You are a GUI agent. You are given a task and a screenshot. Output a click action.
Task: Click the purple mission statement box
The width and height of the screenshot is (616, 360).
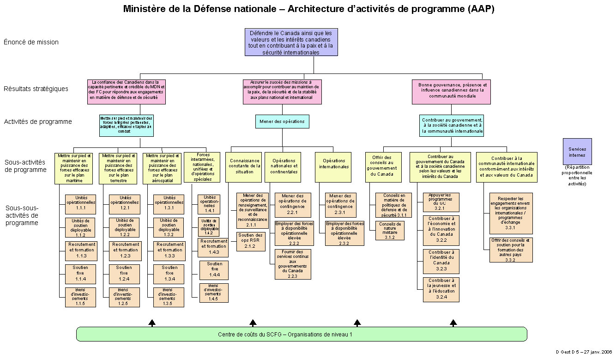pos(291,42)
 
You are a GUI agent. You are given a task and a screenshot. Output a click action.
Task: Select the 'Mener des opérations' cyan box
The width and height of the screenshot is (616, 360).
pos(282,122)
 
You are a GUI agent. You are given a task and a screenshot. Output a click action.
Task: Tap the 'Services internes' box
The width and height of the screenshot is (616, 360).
pos(577,152)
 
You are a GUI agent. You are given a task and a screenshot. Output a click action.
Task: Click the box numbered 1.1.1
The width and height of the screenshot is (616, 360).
pos(81,203)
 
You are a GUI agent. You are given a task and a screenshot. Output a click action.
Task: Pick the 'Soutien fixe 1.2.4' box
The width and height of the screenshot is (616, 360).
pos(124,273)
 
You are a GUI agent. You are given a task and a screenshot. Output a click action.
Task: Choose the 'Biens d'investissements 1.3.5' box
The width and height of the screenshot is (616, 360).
pos(167,297)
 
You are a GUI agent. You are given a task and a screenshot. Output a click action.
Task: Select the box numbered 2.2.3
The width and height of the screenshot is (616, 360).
pos(293,264)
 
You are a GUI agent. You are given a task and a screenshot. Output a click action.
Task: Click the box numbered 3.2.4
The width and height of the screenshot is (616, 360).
pos(441,289)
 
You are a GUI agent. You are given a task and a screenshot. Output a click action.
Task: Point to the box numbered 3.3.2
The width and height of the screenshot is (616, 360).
pos(510,250)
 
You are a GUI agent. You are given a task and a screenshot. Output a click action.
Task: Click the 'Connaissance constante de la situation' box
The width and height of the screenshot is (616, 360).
pos(244,166)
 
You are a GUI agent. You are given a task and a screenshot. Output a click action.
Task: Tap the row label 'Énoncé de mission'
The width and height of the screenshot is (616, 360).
pos(31,42)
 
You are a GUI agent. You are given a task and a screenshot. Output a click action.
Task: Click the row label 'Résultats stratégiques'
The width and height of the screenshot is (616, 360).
pos(36,89)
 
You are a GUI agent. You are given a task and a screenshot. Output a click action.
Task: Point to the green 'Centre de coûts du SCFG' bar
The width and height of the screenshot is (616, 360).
pos(302,334)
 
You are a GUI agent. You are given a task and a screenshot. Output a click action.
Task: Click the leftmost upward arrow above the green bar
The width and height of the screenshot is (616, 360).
pos(152,323)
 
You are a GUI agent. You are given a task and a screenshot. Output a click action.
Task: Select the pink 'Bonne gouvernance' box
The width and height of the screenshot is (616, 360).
pos(451,91)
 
